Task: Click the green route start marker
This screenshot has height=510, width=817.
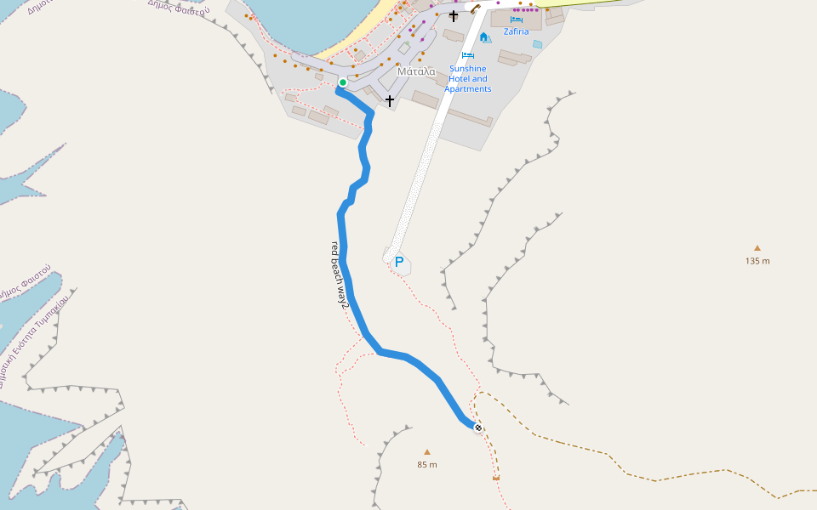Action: tap(342, 82)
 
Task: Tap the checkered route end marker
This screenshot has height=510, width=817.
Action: tap(478, 428)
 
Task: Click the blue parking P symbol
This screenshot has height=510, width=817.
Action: tap(398, 263)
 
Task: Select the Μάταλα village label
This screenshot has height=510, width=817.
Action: tap(416, 72)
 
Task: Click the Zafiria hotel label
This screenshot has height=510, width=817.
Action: tap(516, 31)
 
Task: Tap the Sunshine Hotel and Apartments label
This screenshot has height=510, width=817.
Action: tap(468, 78)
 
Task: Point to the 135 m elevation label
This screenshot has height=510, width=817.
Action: tap(757, 261)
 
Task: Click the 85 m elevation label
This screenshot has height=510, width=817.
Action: tap(427, 465)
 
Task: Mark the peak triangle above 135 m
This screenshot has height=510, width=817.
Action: tap(757, 248)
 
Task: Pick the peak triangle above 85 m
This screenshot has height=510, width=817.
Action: tap(427, 452)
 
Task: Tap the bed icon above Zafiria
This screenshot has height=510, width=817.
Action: tap(516, 19)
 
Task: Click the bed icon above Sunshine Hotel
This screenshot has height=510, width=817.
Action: tap(467, 55)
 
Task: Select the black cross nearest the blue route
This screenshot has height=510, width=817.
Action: tap(390, 101)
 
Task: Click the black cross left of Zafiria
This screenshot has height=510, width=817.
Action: tap(454, 15)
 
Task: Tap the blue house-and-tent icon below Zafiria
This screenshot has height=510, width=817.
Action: tap(484, 37)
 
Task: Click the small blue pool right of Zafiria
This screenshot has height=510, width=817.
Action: tap(537, 44)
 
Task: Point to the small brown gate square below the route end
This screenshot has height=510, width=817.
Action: tap(495, 479)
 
